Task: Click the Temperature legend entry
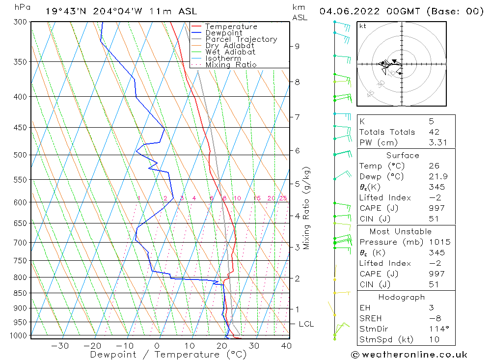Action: pyautogui.click(x=231, y=27)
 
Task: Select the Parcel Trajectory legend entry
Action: pyautogui.click(x=241, y=39)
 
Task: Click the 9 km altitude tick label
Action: pyautogui.click(x=297, y=46)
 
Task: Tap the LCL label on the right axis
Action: pyautogui.click(x=306, y=324)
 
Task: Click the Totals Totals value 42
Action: pyautogui.click(x=434, y=132)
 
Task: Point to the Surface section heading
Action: pyautogui.click(x=403, y=155)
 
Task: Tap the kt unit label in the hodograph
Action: pyautogui.click(x=362, y=26)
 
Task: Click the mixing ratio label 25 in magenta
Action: pyautogui.click(x=283, y=198)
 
